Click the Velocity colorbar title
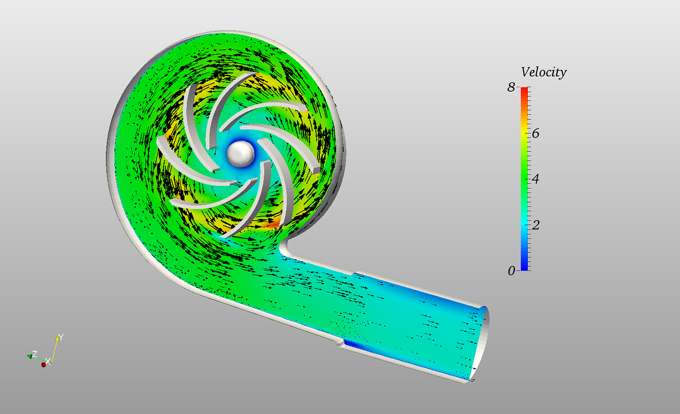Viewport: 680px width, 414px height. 544,72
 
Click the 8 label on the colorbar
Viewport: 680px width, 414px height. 511,88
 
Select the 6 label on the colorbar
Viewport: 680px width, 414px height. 536,133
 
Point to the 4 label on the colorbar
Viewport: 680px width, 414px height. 536,179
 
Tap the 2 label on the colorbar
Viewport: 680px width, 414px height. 536,225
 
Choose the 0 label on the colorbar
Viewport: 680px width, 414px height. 511,271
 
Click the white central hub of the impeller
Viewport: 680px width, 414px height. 241,153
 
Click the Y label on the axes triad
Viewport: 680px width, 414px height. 61,337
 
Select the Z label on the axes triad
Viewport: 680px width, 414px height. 34,354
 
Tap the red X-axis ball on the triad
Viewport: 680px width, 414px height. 43,364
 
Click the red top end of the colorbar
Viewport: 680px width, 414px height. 525,90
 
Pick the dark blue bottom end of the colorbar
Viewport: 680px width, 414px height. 525,268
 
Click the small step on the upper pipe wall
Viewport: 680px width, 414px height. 354,272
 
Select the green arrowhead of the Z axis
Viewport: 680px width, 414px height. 29,356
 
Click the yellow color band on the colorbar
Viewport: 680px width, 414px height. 525,133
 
